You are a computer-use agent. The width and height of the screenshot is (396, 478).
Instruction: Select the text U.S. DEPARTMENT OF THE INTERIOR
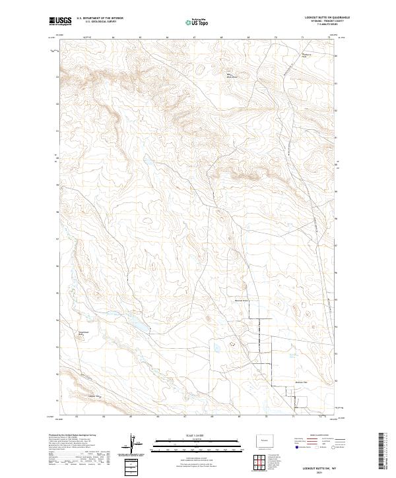click(100, 18)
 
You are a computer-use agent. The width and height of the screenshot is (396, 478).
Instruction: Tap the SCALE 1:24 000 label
click(188, 435)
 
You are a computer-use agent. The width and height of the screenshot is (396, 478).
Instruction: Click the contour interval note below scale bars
click(189, 458)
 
